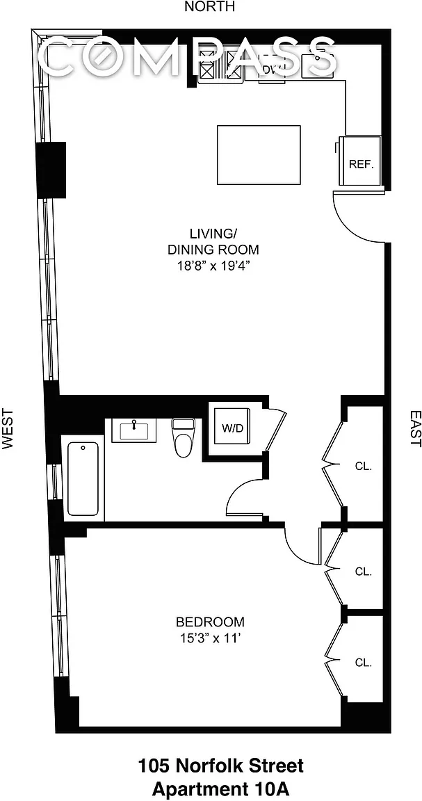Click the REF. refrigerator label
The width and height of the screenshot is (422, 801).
click(x=362, y=165)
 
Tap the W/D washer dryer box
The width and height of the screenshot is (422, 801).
click(x=232, y=427)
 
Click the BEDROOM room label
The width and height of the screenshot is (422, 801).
click(x=210, y=622)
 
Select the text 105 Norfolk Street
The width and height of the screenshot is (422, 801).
click(x=221, y=766)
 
